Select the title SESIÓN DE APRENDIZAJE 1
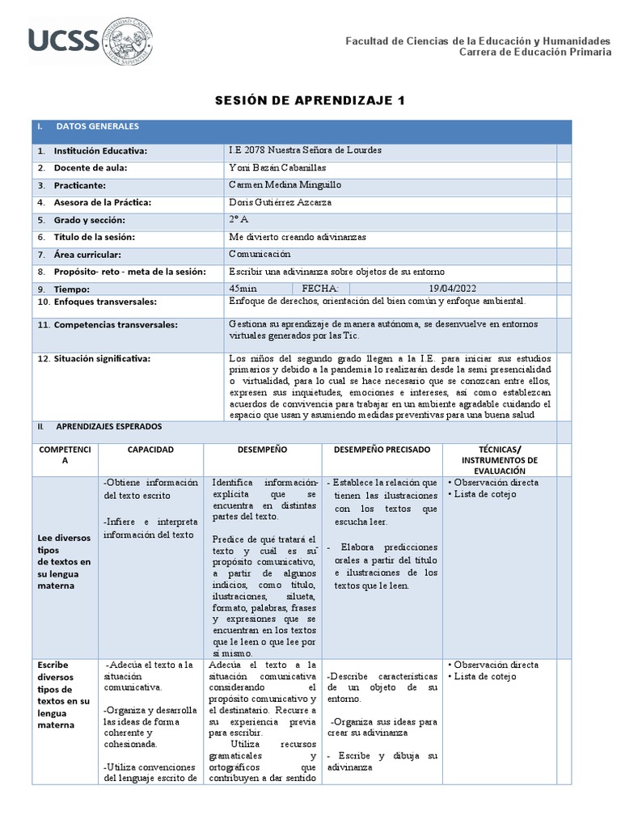(309, 101)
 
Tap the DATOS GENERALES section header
(97, 127)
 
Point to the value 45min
(243, 288)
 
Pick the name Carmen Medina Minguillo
(285, 185)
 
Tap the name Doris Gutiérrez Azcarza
(281, 202)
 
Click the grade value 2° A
(239, 219)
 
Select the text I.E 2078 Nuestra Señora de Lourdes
(306, 150)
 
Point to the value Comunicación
(260, 254)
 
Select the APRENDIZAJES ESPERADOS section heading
(108, 426)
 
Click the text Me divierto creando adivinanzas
(298, 237)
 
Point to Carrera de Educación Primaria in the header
(534, 53)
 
